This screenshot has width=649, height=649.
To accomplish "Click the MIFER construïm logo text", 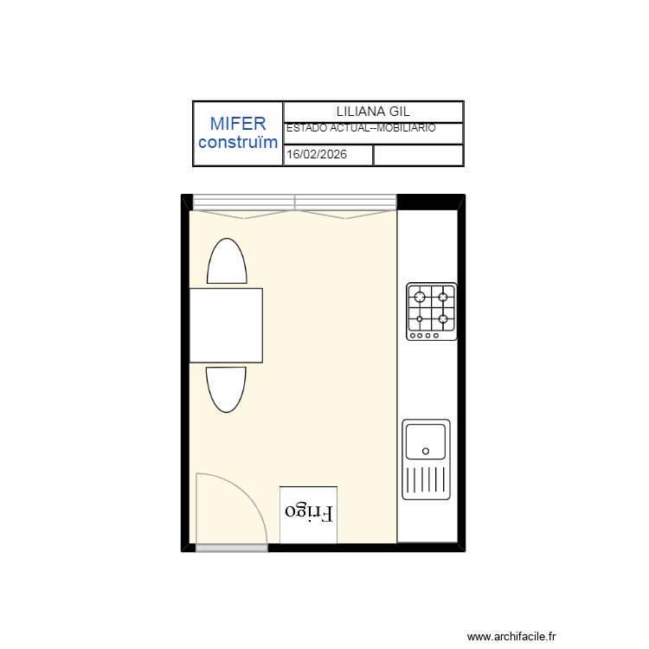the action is click(x=238, y=133).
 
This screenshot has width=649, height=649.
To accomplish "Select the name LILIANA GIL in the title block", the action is click(x=373, y=112).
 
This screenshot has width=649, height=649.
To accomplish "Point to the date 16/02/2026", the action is click(x=317, y=154).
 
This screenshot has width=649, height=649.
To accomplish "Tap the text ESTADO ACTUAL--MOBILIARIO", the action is click(x=361, y=128).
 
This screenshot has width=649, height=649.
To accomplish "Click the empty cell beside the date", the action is click(x=418, y=155).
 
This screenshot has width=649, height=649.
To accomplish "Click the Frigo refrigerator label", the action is click(x=309, y=512).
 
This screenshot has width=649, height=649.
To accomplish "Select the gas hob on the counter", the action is click(x=431, y=312).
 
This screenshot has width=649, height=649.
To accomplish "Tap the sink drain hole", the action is click(x=426, y=451).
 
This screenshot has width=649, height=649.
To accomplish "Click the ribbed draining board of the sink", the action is click(x=426, y=479).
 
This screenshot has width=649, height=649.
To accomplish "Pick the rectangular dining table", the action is click(x=226, y=325).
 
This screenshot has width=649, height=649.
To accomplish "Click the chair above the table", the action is click(x=227, y=261).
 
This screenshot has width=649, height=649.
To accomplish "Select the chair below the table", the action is click(x=226, y=389).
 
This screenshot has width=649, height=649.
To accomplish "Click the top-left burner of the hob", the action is click(x=420, y=297).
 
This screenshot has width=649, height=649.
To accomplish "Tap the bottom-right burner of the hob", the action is click(x=443, y=319).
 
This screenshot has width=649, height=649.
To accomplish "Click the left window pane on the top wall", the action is click(x=244, y=202).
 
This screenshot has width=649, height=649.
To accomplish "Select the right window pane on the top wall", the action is click(x=345, y=202).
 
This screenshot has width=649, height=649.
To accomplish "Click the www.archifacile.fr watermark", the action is click(x=511, y=636).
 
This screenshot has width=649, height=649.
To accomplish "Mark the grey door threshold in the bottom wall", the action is click(x=232, y=548).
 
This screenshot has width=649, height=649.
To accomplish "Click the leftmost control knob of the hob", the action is click(x=413, y=335).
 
